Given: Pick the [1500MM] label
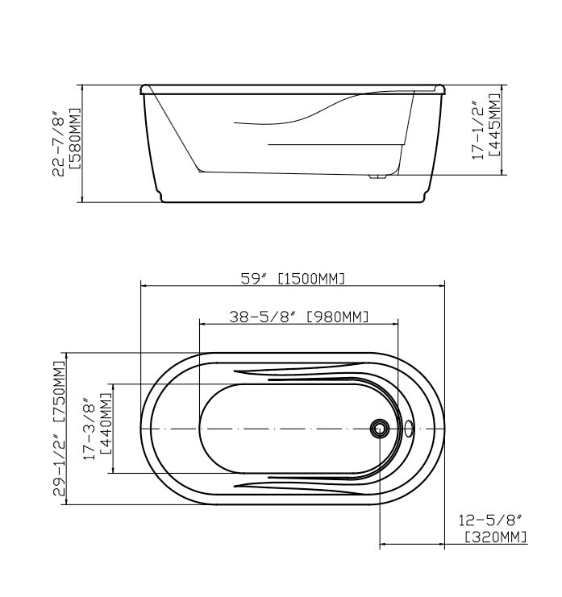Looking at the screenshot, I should (311, 279).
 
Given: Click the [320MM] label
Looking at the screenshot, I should (496, 537).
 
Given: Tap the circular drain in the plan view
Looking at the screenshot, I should (377, 428).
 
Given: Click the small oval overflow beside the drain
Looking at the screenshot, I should (409, 428).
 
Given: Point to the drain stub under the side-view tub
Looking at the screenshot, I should (376, 176).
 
